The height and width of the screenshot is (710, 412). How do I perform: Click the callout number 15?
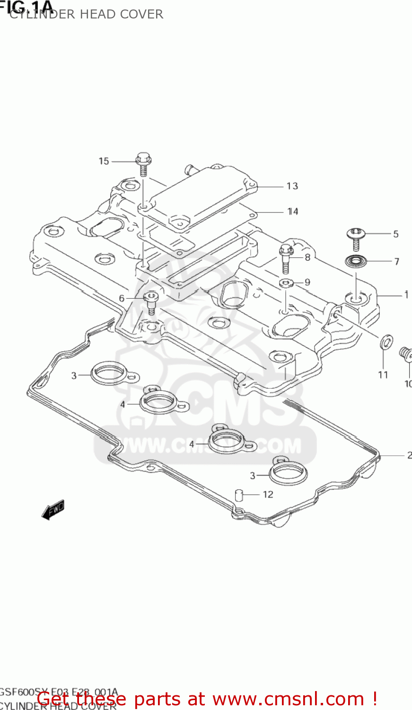(x=104, y=161)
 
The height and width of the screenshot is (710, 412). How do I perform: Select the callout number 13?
(x=292, y=186)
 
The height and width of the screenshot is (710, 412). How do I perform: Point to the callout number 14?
(x=293, y=212)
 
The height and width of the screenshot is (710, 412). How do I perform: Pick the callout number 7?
(x=396, y=261)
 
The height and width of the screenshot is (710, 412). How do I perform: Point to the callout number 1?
(x=406, y=295)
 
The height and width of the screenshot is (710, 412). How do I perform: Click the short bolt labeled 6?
(x=150, y=302)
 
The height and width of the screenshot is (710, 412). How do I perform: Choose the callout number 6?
(x=122, y=298)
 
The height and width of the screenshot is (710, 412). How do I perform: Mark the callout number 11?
(x=383, y=375)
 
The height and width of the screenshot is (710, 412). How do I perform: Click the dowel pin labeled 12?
(x=239, y=495)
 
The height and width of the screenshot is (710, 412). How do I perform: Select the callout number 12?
(x=268, y=495)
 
